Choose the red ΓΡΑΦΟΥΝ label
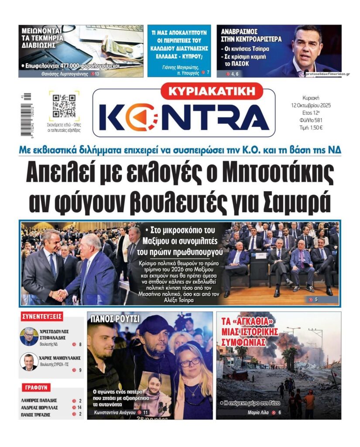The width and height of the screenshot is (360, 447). (36, 387)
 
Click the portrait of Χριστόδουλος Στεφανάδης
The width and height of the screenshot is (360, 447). (29, 336)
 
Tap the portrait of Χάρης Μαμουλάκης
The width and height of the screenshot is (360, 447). (29, 361)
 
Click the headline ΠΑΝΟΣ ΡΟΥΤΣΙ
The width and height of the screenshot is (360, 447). (115, 319)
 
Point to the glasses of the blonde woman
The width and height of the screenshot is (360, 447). (190, 361)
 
